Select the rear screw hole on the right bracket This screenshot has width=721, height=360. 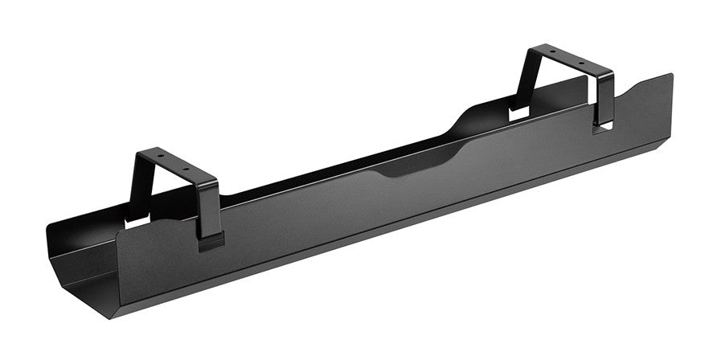pyautogui.click(x=551, y=52)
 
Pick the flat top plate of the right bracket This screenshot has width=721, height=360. pyautogui.click(x=563, y=58)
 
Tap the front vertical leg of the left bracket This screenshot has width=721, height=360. pyautogui.click(x=207, y=209)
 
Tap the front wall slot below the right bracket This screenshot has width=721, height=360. pyautogui.click(x=604, y=126)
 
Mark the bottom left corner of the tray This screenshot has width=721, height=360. pyautogui.click(x=88, y=298)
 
